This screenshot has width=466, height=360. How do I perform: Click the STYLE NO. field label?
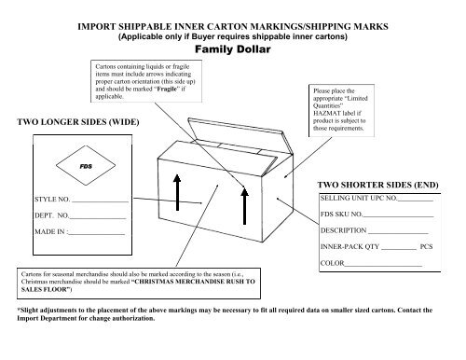pos(52,201)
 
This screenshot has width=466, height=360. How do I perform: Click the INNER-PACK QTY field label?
pos(351,248)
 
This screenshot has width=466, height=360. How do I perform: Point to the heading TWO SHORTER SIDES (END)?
pos(375,185)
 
